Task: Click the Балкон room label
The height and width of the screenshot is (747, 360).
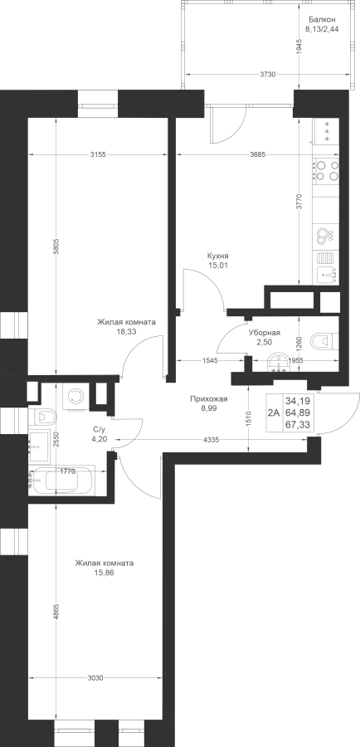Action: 322,20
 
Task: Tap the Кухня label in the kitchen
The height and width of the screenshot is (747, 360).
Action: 218,256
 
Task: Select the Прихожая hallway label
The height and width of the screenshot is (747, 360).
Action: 208,399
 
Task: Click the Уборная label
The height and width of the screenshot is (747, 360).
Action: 265,333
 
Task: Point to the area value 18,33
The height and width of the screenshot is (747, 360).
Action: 127,331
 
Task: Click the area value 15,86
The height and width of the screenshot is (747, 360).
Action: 105,573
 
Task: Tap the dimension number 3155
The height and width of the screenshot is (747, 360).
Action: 98,154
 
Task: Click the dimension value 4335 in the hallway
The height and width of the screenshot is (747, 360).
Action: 211,440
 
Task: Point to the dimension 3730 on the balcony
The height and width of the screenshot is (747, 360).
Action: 269,75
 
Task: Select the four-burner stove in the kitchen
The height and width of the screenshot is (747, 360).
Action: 327,170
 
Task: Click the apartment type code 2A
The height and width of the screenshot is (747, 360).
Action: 274,413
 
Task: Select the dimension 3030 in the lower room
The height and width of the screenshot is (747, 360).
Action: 96,677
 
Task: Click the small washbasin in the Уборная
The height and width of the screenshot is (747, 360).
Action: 277,363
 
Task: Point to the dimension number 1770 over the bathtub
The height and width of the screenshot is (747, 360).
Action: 67,471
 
